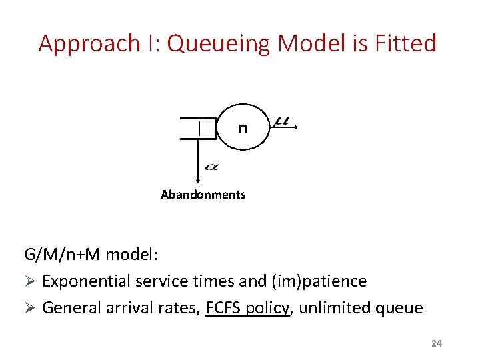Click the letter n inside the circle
(x=243, y=129)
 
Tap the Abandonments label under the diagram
(x=203, y=195)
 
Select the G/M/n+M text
(x=62, y=255)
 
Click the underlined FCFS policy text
(x=248, y=308)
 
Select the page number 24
(x=437, y=343)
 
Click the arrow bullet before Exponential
(x=29, y=282)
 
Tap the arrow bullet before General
(x=29, y=309)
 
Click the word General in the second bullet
(x=69, y=308)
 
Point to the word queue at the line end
(x=403, y=309)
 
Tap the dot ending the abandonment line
(x=198, y=181)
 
